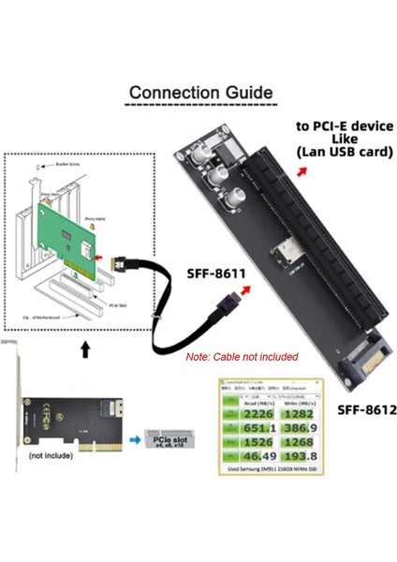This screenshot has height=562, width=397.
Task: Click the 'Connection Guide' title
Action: [200, 93]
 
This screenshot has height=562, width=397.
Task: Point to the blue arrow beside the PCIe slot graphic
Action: [135, 437]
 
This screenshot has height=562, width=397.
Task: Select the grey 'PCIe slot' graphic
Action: [168, 438]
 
